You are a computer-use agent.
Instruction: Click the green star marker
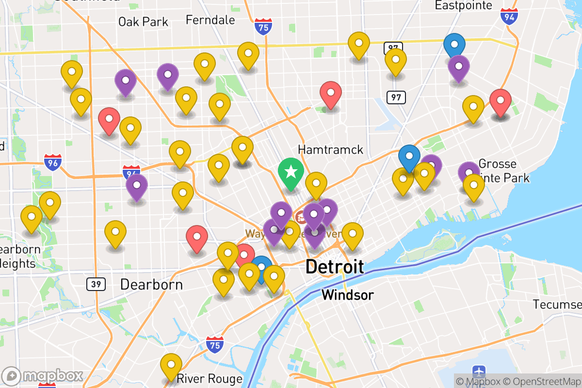291,172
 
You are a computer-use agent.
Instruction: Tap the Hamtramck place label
330,149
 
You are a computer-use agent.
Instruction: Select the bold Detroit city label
334,267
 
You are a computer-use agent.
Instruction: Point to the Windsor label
348,294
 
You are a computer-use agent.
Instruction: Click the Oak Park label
143,21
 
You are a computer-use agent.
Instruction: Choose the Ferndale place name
210,20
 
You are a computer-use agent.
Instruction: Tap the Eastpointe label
463,5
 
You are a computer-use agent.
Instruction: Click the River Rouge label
210,378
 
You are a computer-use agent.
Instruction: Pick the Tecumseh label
558,304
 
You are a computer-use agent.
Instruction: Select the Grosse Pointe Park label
500,171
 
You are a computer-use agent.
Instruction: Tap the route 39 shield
96,284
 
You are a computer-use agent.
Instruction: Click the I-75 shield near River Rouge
214,344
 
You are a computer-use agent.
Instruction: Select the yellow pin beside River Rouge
171,365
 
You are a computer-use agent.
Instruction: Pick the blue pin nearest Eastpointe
454,46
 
